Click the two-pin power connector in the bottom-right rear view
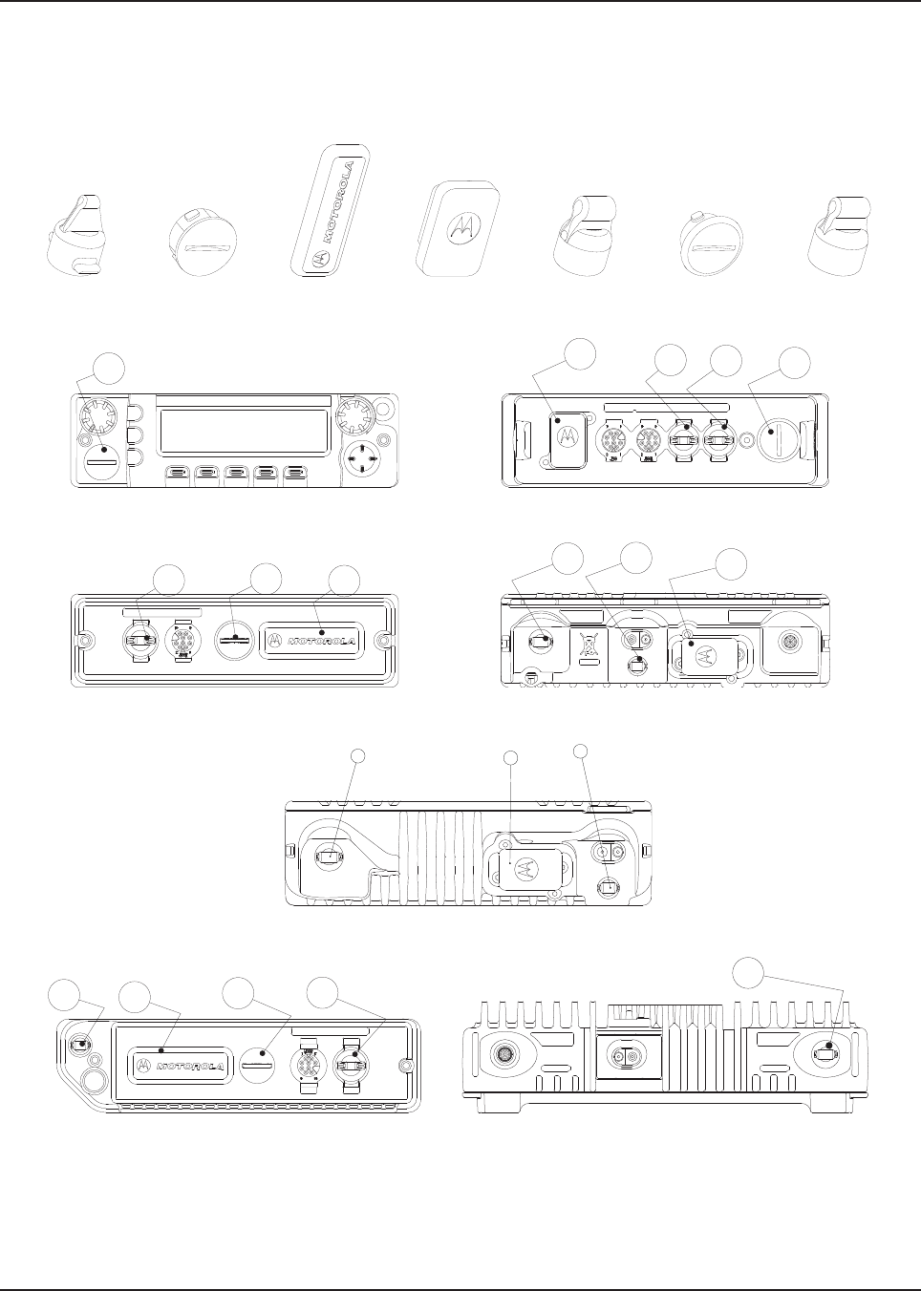[x=630, y=1058]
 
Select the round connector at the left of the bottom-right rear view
[x=503, y=1055]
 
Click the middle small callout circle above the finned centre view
[x=511, y=758]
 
